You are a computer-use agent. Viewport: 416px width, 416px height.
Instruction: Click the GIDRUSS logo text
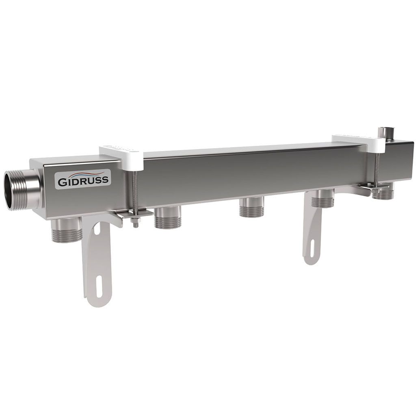click(x=83, y=180)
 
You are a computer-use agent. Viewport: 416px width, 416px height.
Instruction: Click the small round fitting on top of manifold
click(x=384, y=132)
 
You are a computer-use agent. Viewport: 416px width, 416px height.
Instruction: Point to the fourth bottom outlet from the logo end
click(x=323, y=199)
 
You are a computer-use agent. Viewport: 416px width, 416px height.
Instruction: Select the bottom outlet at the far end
click(x=384, y=193)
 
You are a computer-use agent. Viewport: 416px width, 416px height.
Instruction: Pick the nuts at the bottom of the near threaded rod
click(x=136, y=222)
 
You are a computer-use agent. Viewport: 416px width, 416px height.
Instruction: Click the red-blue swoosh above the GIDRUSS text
click(x=83, y=174)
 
